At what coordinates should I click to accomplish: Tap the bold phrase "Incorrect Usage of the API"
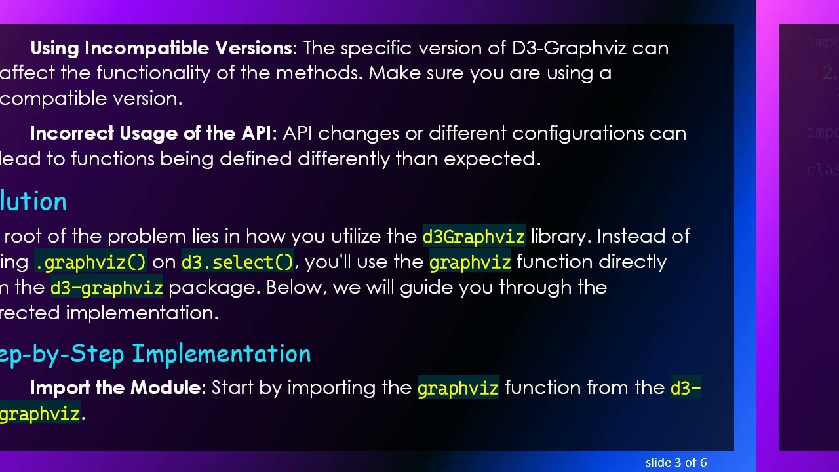point(150,133)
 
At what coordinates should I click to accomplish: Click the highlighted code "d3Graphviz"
point(473,236)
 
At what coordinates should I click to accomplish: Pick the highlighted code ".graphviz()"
point(90,262)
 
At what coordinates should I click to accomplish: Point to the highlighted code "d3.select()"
point(237,262)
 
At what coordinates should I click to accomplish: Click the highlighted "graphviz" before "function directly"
point(469,262)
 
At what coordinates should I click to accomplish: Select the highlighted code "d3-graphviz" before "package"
point(106,288)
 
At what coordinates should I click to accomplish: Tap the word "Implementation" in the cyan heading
point(221,353)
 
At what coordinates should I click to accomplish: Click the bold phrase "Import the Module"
point(115,387)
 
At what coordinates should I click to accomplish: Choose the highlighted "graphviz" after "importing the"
point(458,388)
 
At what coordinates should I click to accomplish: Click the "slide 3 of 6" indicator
point(676,463)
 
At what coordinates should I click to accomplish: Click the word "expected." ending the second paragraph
point(492,159)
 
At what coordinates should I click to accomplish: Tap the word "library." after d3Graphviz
point(560,236)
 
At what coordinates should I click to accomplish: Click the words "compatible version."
point(91,98)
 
